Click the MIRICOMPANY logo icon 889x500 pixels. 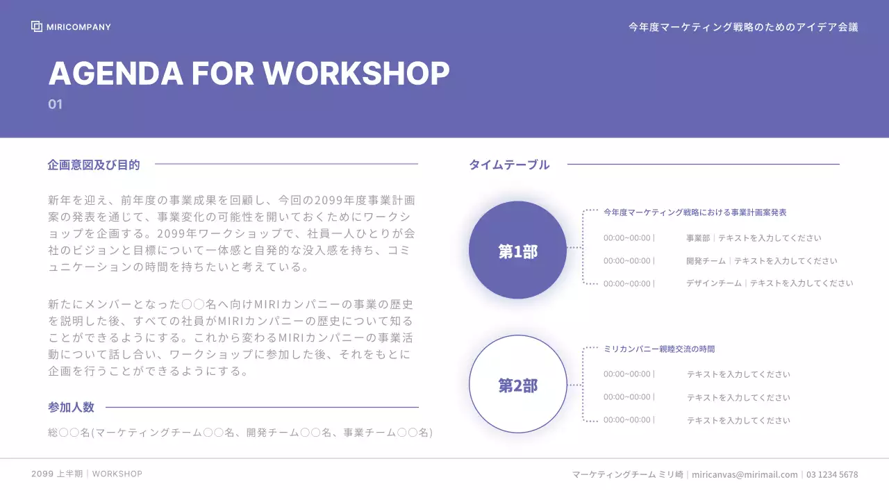tap(37, 26)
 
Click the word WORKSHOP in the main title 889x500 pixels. tap(356, 73)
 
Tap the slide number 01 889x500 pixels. tap(56, 104)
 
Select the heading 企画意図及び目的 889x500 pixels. tap(94, 165)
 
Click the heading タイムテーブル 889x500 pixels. tap(509, 165)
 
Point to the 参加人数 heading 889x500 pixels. tap(71, 407)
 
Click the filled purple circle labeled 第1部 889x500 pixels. tap(517, 250)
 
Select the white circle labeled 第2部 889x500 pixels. tap(517, 385)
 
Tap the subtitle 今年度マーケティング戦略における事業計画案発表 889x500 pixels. tap(695, 212)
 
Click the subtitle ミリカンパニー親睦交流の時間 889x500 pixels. tap(659, 349)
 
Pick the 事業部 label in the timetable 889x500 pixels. tap(698, 237)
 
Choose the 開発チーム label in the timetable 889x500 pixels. tap(706, 261)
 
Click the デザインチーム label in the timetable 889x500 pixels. tap(714, 283)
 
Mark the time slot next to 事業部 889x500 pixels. tap(628, 237)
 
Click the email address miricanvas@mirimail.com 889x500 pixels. tap(745, 474)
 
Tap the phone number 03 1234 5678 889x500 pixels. tap(832, 474)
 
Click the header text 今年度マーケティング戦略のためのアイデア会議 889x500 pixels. tap(743, 27)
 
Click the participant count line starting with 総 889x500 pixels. tap(240, 432)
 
